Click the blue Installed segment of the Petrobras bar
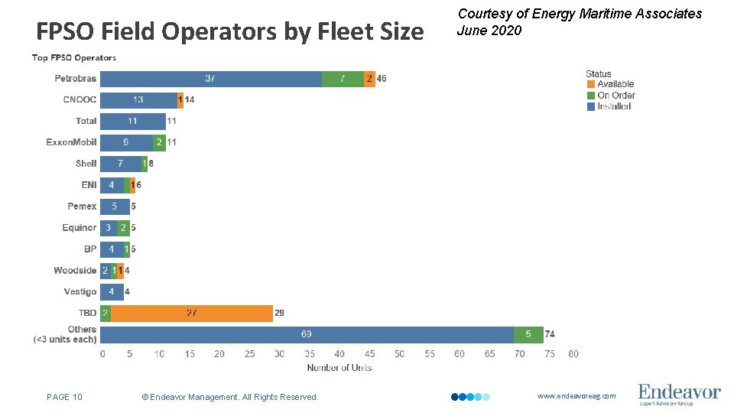(210, 79)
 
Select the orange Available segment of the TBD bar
(192, 314)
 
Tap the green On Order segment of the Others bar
(528, 335)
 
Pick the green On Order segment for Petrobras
(343, 79)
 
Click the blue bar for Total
(133, 121)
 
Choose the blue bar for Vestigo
(112, 292)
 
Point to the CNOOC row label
(80, 99)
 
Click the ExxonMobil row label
(71, 142)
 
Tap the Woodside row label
(75, 271)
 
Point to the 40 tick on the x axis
(339, 354)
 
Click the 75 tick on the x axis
(549, 354)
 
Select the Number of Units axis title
(339, 368)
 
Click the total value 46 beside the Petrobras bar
(382, 79)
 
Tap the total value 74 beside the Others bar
(550, 335)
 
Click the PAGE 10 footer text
(64, 397)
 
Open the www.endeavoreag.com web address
(576, 396)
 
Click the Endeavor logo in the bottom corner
(679, 394)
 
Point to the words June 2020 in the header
(489, 31)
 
